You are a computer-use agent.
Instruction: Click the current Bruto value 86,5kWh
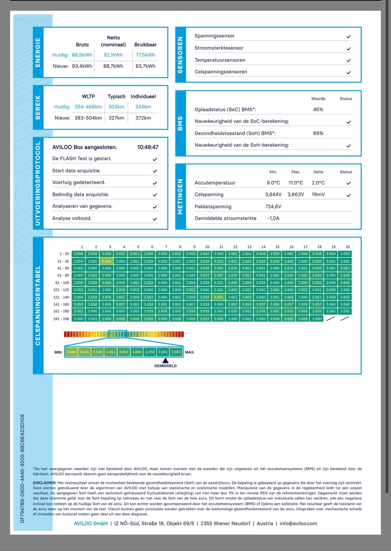click(82, 55)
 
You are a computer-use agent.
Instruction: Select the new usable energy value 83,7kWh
click(145, 66)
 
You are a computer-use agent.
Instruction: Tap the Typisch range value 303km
click(116, 107)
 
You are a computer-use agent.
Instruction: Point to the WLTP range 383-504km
click(88, 118)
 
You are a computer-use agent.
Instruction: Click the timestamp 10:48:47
click(148, 147)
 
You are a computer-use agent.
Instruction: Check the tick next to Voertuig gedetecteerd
click(155, 183)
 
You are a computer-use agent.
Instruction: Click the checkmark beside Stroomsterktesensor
click(349, 49)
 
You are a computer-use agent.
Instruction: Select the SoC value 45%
click(318, 110)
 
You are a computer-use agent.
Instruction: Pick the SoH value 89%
click(318, 133)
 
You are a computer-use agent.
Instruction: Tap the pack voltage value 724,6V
click(273, 206)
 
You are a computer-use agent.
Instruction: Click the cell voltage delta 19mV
click(318, 195)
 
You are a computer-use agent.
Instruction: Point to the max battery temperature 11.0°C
click(296, 183)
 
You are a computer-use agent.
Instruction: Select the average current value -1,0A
click(273, 218)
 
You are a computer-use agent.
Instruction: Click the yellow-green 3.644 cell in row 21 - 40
click(107, 261)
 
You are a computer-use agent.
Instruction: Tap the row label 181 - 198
click(61, 319)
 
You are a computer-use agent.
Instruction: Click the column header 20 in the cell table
click(347, 247)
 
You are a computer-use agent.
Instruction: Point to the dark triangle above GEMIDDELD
click(165, 361)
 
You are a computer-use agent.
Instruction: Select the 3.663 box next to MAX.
click(176, 352)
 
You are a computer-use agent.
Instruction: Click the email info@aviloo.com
click(298, 524)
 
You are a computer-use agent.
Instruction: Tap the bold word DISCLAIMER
click(44, 483)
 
